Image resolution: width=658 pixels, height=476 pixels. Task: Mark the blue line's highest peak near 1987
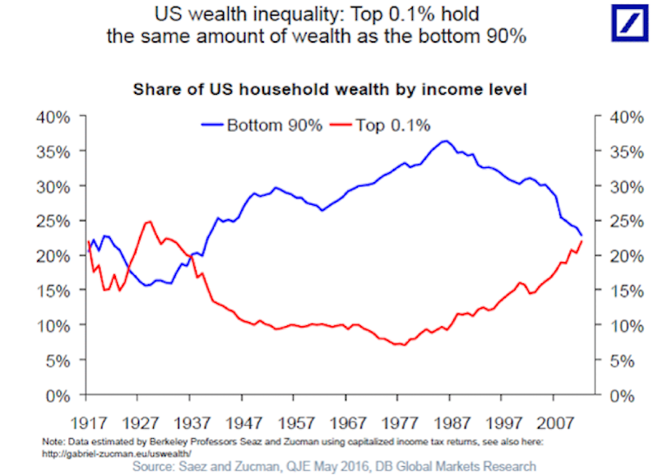(x=445, y=141)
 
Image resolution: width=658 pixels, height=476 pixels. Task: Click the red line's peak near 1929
(x=148, y=221)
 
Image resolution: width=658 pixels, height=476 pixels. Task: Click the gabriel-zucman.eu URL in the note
(x=116, y=452)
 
